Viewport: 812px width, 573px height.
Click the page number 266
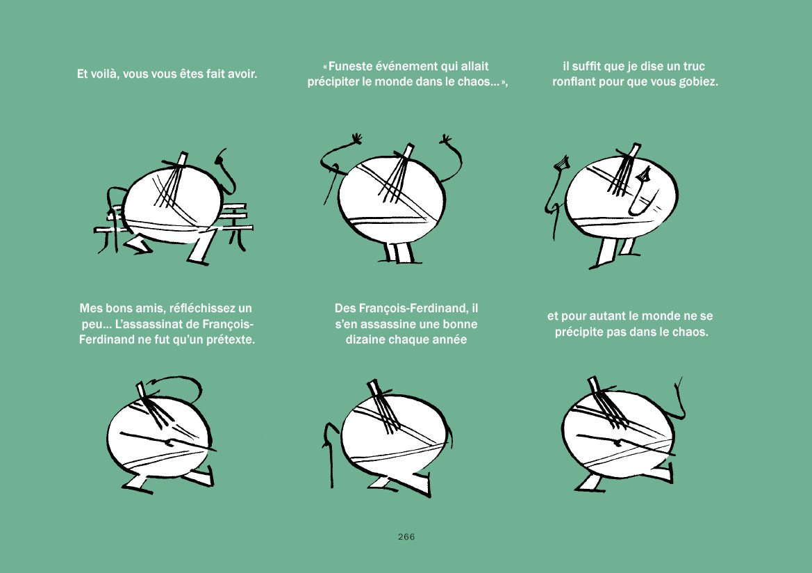coord(406,537)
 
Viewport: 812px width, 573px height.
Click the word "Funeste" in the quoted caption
coord(350,66)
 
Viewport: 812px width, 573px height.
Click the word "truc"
coord(693,66)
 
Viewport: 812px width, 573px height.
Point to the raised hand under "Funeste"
coord(357,139)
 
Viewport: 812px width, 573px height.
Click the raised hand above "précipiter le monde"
coord(445,140)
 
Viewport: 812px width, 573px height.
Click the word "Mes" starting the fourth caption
coord(91,309)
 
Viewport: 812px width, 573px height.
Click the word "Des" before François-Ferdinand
coord(345,309)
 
